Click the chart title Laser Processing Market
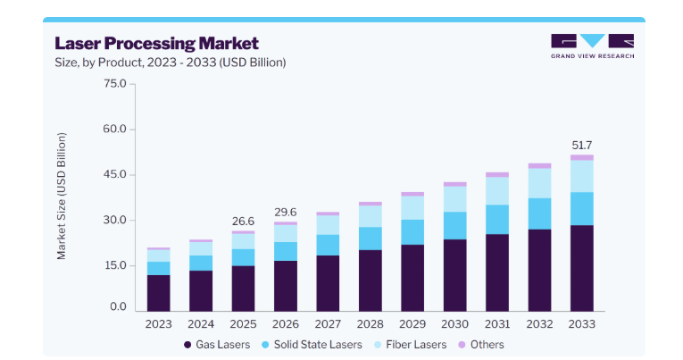(x=157, y=44)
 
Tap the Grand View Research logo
(x=593, y=46)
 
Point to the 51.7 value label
(x=582, y=145)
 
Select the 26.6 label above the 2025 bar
(x=243, y=222)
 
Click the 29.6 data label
(x=286, y=213)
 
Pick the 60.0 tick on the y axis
(x=114, y=129)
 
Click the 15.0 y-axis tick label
(x=114, y=265)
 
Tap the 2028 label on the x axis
(x=371, y=324)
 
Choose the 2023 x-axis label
(x=159, y=324)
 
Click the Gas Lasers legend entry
(x=217, y=345)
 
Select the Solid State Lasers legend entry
(x=312, y=345)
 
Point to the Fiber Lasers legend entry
(x=411, y=345)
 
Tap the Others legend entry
(x=481, y=345)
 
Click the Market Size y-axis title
(x=62, y=197)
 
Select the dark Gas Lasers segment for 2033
(x=582, y=268)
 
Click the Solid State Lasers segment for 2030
(x=454, y=226)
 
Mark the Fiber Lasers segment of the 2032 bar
(x=539, y=183)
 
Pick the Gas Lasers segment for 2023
(x=159, y=293)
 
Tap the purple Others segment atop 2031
(x=497, y=175)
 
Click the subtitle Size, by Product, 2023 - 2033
(x=170, y=63)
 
